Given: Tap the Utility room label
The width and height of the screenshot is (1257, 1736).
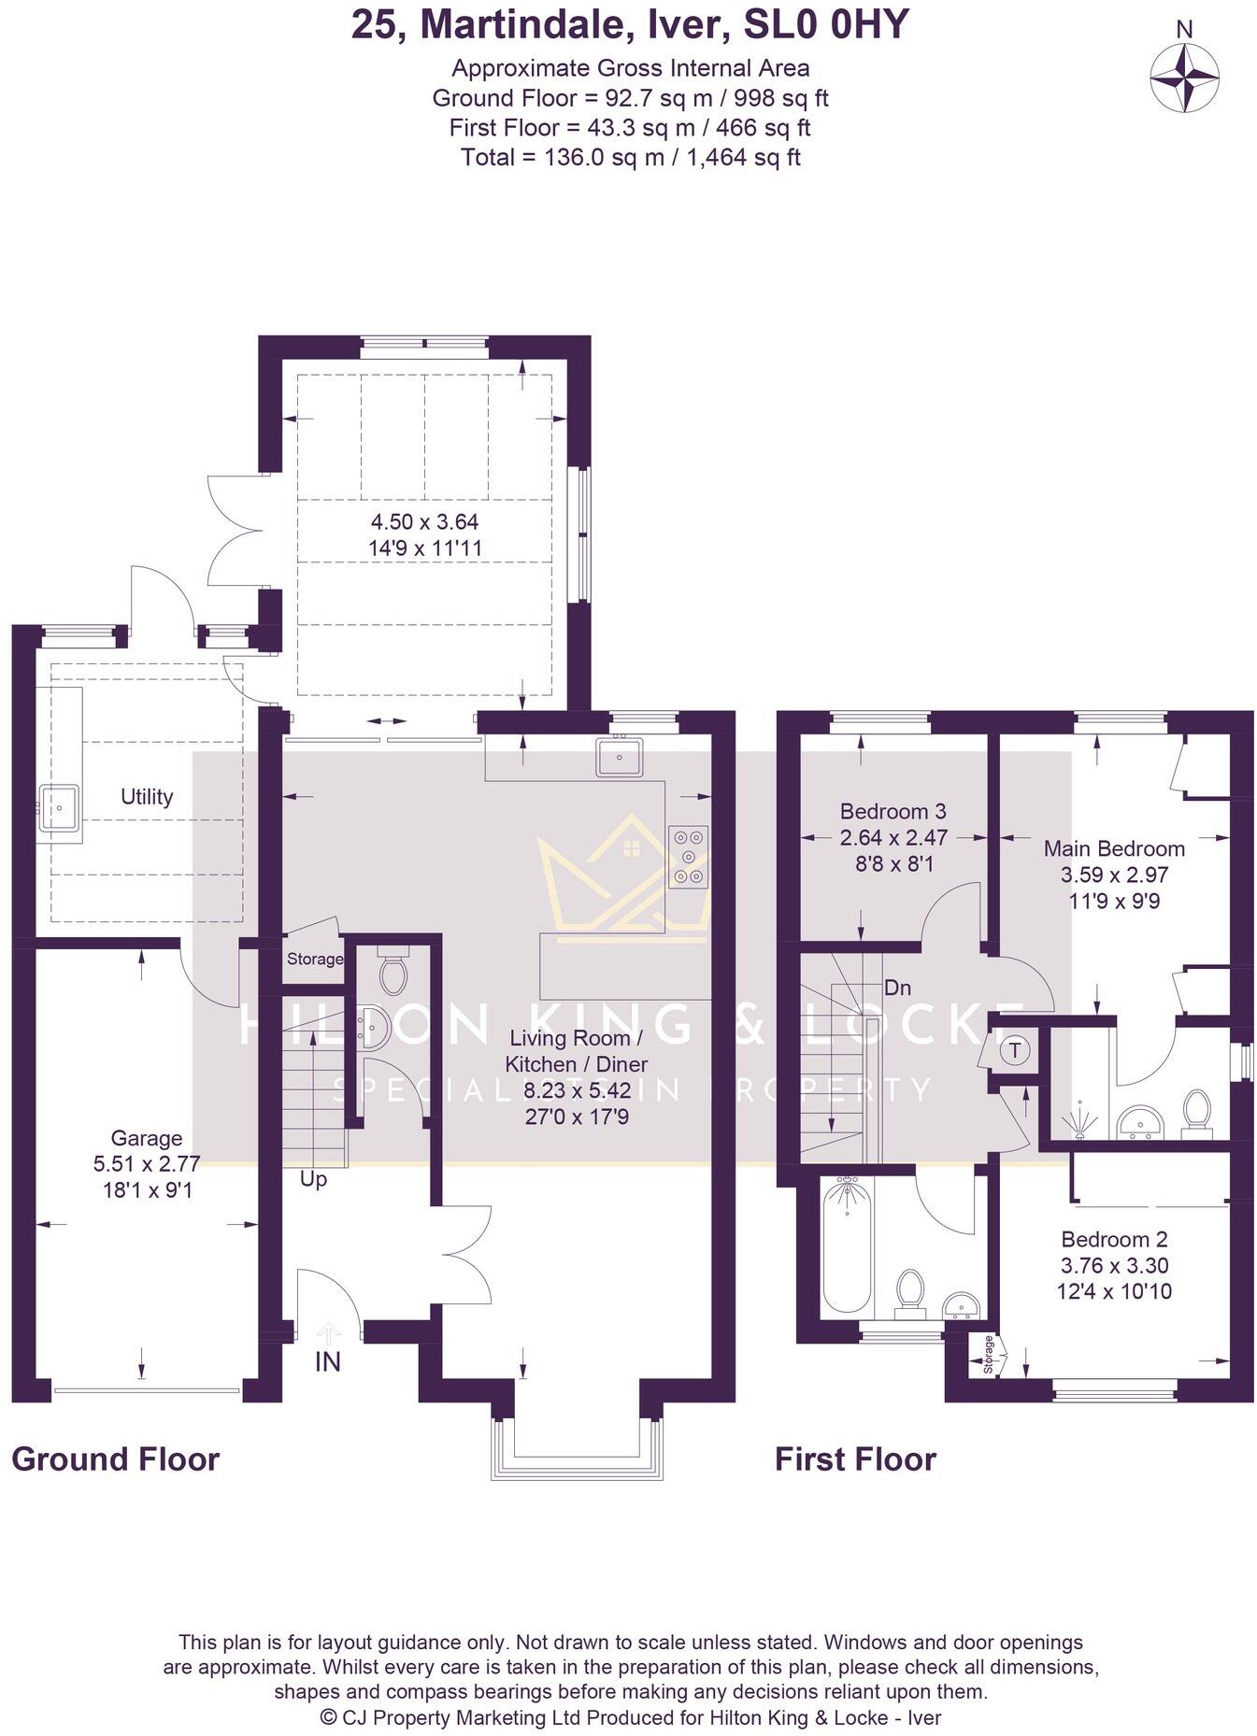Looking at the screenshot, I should pyautogui.click(x=147, y=797).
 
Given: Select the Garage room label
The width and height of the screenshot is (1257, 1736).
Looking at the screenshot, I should pyautogui.click(x=146, y=1138).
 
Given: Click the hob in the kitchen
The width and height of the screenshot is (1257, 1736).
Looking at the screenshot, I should pyautogui.click(x=689, y=856).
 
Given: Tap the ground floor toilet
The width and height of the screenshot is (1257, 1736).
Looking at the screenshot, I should pyautogui.click(x=393, y=973).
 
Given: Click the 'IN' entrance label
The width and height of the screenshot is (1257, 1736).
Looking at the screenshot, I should pyautogui.click(x=327, y=1362).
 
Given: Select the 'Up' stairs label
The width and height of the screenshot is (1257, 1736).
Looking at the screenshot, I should pyautogui.click(x=313, y=1180).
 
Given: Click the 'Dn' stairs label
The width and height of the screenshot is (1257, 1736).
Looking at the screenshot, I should pyautogui.click(x=897, y=988).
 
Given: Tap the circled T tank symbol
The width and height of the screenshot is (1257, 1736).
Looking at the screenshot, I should pyautogui.click(x=1016, y=1050).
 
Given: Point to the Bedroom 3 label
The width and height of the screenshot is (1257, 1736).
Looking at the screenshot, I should pyautogui.click(x=893, y=811).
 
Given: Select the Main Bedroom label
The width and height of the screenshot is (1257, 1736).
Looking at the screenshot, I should pyautogui.click(x=1114, y=848).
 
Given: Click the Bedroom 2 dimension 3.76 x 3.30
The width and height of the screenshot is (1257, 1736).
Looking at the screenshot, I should pyautogui.click(x=1114, y=1266).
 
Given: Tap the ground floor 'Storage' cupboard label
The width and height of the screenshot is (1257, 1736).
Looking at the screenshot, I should pyautogui.click(x=315, y=959).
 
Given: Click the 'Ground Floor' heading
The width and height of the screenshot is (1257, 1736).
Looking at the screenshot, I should pyautogui.click(x=115, y=1459).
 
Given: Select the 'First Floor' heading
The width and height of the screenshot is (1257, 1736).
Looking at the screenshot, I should pyautogui.click(x=854, y=1459).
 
